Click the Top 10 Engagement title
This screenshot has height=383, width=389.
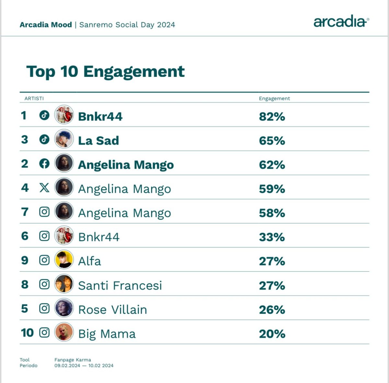105,72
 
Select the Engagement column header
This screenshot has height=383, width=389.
274,99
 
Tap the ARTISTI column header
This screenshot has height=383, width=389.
34,99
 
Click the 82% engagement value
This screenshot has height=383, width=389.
272,116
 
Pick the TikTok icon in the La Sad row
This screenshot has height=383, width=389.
44,139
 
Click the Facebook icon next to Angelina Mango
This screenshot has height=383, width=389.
44,164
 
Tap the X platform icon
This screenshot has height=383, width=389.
44,188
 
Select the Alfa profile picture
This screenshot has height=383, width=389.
64,260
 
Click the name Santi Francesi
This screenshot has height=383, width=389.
120,285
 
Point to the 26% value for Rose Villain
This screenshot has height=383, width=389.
272,310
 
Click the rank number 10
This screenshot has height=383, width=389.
27,333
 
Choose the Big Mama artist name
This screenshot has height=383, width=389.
107,334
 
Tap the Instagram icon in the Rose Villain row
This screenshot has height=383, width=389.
44,308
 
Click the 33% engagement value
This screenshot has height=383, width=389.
272,237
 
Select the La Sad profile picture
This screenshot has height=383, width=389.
64,139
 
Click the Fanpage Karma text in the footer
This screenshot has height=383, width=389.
73,360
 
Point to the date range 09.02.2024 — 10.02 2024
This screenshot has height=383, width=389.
84,366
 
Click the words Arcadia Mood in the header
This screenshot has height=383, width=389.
46,25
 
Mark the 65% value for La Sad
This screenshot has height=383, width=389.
272,141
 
